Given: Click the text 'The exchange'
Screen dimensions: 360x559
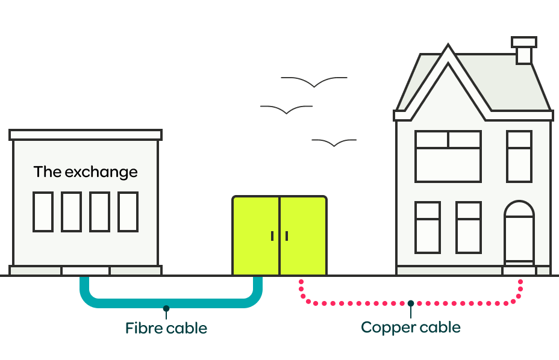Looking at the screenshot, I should pos(86,172).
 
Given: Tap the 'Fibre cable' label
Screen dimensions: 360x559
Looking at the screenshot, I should pos(166,329).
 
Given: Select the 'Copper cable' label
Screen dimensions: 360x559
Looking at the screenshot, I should pos(411,327).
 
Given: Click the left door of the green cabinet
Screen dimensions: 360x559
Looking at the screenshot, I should pos(256,235).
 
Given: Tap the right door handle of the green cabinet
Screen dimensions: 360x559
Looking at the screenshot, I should pos(287,236).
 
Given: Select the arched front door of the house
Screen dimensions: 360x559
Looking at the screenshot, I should pos(519,232).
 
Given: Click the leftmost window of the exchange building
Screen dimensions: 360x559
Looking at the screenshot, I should pos(43,211).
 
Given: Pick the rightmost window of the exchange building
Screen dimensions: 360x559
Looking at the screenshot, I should pos(128,211).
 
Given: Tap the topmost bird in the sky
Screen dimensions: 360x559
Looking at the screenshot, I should pos(314,81).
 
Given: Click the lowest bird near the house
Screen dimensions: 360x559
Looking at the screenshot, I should pos(334,143).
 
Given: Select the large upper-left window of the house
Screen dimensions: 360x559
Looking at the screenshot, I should pos(448,157).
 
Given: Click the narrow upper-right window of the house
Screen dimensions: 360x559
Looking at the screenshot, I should pos(519,157).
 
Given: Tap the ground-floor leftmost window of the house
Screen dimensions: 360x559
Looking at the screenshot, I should pos(428,227).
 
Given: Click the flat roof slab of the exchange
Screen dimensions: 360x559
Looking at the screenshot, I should pos(86,135).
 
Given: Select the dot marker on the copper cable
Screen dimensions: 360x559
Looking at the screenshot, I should pos(411,303).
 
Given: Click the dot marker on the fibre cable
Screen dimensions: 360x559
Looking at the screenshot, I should pos(166,308).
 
